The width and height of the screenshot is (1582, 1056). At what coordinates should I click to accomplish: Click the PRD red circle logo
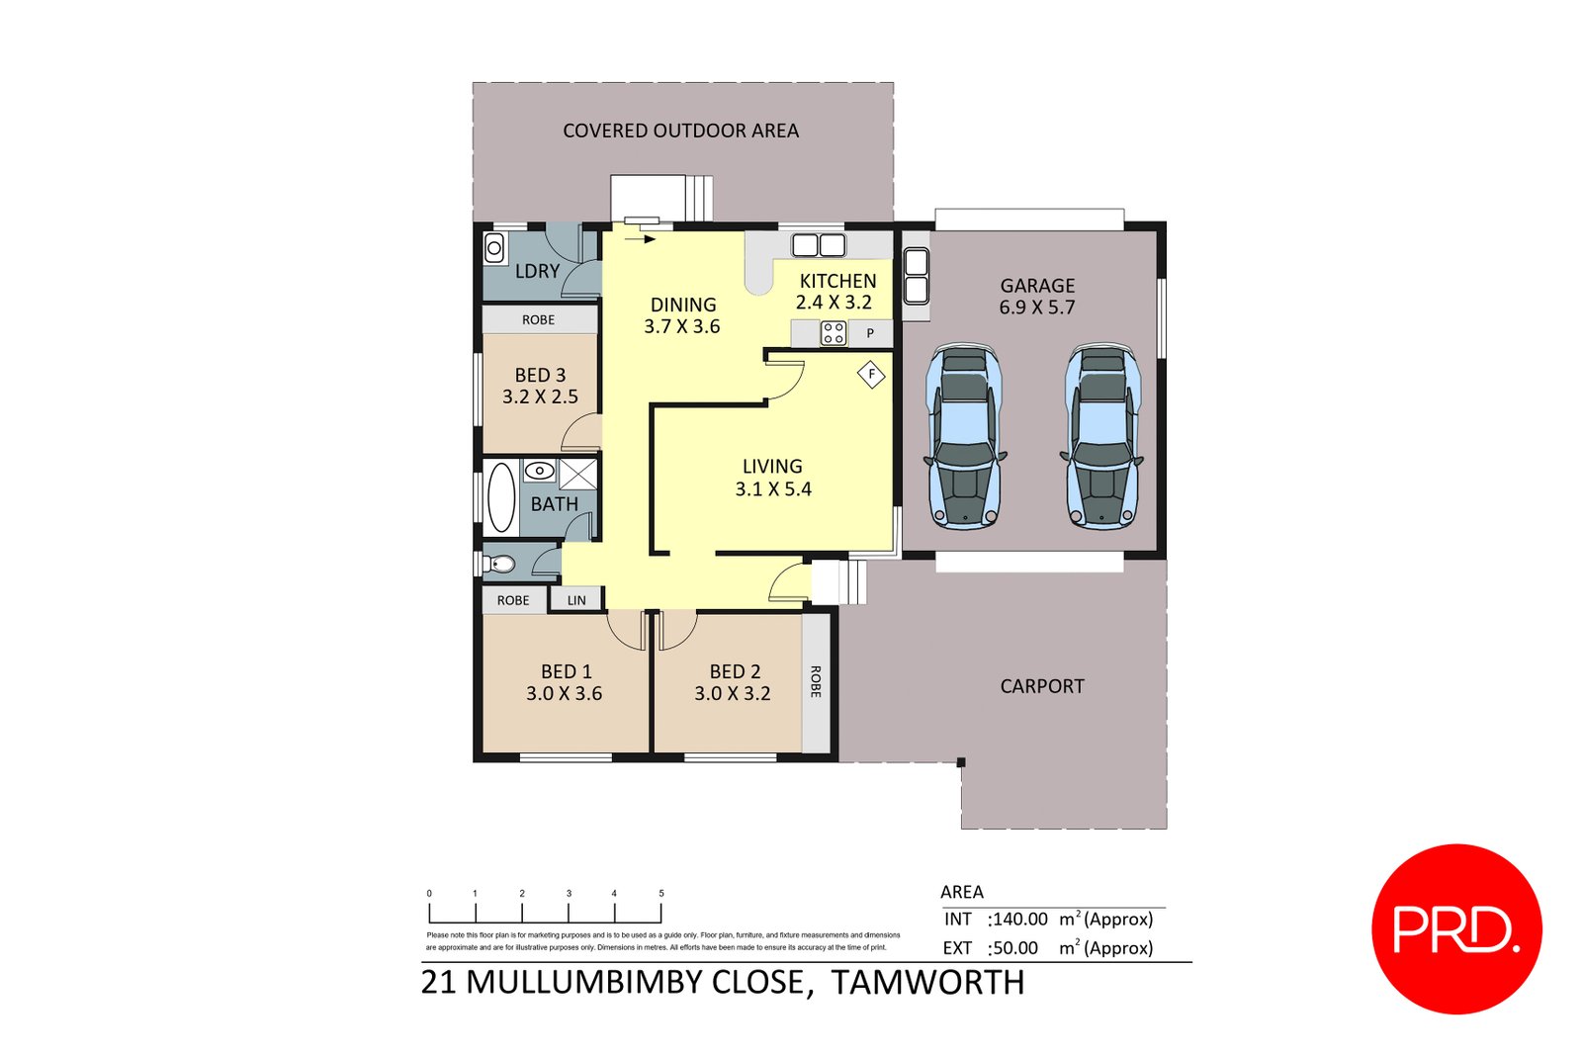pos(1455,928)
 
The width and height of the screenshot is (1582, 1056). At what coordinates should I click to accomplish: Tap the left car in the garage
pos(963,436)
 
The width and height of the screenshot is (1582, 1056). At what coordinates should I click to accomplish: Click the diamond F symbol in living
pos(871,375)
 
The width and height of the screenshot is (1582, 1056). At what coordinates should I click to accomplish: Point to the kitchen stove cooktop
pos(834,333)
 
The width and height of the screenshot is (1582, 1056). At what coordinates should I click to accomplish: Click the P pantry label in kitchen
pos(870,333)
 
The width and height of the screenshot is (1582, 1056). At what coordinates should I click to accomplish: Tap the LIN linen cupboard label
pos(576,600)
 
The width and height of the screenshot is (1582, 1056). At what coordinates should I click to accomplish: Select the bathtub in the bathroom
pos(501,497)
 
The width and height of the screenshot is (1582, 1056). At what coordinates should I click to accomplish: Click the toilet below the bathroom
pos(501,565)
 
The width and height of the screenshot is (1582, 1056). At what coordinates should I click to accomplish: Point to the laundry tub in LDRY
pos(494,248)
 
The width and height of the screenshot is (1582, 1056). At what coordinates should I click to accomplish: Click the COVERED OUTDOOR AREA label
pos(680,131)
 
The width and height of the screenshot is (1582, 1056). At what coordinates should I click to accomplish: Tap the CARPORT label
pos(1041,686)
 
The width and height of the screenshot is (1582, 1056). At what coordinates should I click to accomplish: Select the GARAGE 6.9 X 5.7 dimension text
pos(1036,308)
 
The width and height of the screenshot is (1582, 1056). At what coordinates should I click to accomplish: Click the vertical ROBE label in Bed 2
pos(816,681)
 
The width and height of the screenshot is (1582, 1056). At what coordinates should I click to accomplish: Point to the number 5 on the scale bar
pos(661,893)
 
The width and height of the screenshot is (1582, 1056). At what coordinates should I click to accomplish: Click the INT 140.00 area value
pos(1019,920)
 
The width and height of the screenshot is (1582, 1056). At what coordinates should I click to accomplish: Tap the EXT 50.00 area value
pos(1014,948)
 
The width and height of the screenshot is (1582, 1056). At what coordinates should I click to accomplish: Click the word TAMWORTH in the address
pos(927,983)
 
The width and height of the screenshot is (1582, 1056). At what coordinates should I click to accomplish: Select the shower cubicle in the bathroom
pos(578,474)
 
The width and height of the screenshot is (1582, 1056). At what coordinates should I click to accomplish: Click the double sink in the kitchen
pos(818,245)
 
